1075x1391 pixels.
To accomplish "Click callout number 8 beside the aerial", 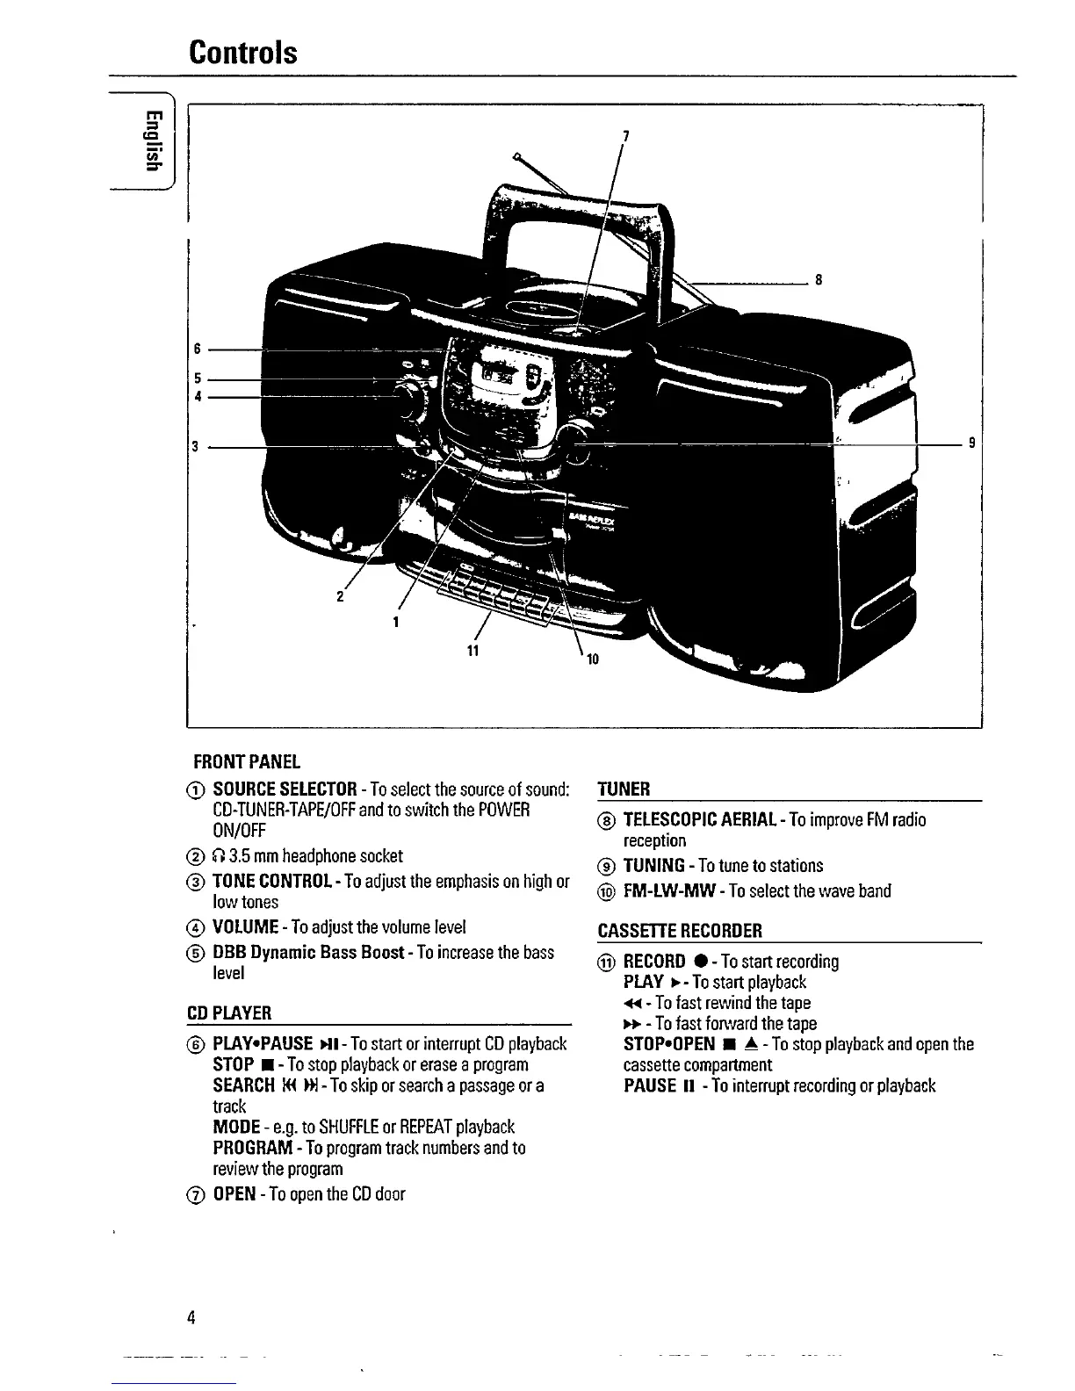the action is click(x=819, y=281).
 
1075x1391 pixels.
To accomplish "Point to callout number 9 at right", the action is click(x=971, y=443).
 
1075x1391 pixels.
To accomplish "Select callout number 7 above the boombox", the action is click(x=624, y=135).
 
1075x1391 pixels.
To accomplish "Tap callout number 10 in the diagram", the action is click(x=592, y=659).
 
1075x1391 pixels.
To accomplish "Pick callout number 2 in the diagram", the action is click(x=340, y=597).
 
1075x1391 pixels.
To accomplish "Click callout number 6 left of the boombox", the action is click(x=198, y=349).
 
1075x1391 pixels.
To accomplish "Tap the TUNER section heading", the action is click(x=624, y=789).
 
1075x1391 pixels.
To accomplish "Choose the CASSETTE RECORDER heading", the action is click(x=680, y=931).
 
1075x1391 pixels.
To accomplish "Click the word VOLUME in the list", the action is click(x=246, y=927).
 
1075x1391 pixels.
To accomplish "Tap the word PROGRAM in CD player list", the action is click(x=253, y=1149).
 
